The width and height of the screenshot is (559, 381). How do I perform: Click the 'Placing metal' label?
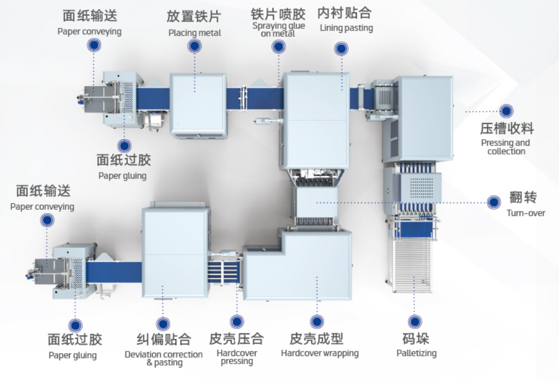click(195, 33)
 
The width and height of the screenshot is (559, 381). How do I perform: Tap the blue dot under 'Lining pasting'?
click(341, 48)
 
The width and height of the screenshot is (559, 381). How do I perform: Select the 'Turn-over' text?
click(526, 213)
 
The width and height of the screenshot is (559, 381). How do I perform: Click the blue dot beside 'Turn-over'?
click(494, 202)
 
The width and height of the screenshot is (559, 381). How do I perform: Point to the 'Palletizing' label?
click(416, 353)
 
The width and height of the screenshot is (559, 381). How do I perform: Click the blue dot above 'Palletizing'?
click(415, 322)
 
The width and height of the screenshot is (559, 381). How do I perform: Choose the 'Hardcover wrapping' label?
click(320, 353)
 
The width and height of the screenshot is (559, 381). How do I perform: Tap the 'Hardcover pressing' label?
click(237, 357)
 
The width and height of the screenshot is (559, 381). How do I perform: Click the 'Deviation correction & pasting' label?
click(164, 359)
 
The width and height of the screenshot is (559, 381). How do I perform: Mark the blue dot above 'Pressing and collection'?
click(506, 111)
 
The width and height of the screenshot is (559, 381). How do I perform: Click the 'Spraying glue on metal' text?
click(279, 29)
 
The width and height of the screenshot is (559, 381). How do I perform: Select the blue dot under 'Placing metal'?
click(194, 46)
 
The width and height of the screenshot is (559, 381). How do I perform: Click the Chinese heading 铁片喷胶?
click(278, 14)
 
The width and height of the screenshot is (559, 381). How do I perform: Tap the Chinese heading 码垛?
click(416, 339)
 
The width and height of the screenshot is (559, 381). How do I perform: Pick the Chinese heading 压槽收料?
click(507, 129)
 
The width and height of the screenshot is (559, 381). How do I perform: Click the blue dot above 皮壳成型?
click(317, 322)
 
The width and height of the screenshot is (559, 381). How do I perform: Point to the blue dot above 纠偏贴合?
click(163, 324)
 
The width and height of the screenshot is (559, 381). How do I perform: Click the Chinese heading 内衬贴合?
click(344, 13)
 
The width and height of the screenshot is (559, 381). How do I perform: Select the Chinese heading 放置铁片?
click(194, 16)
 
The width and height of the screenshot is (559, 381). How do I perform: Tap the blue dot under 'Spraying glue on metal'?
click(279, 47)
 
